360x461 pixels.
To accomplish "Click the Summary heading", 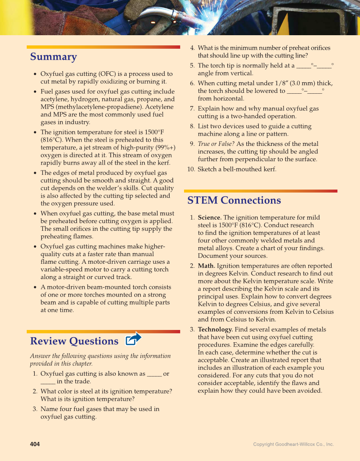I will (x=53, y=57).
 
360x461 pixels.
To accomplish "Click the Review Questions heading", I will (x=74, y=341).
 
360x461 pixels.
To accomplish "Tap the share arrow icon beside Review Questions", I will (x=134, y=339).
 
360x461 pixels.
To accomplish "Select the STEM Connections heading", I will (x=234, y=200).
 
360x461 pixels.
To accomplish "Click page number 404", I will (x=35, y=444).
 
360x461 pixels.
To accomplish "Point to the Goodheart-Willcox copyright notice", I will (x=293, y=444).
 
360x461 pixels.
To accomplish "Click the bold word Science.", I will (x=209, y=218).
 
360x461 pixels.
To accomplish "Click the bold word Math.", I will (x=207, y=266).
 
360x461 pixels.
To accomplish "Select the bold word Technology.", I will (x=215, y=330).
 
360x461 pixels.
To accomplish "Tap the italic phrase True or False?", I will (x=216, y=144).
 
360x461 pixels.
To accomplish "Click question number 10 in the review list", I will (x=191, y=169).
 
